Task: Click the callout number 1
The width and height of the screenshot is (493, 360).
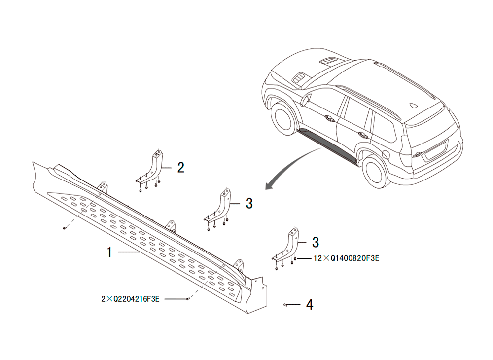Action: tap(109, 252)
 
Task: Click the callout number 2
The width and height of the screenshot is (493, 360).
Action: tap(181, 168)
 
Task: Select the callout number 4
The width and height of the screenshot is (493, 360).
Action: tap(310, 305)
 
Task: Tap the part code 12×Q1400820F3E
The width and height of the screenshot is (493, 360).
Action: tap(347, 258)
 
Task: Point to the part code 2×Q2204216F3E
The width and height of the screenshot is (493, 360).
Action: tap(130, 299)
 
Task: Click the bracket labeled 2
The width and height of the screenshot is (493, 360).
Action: tap(151, 170)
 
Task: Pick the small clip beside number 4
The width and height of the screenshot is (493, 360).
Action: tap(285, 305)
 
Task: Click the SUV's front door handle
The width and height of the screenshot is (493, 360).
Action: tap(330, 118)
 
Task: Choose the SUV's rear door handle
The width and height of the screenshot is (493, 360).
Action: tap(364, 135)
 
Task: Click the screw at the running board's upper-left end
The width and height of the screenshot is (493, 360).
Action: tap(64, 228)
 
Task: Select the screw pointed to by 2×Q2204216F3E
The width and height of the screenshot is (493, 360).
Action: tap(188, 299)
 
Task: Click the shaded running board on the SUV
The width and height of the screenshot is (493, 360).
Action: tap(328, 145)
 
